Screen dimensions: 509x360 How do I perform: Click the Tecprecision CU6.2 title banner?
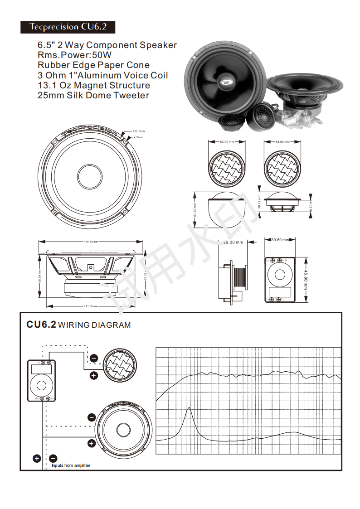[68, 27]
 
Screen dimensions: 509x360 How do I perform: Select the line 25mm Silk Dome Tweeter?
[93, 95]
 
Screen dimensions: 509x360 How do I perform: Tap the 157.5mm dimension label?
[138, 131]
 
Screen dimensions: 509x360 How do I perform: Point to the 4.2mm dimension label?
[138, 137]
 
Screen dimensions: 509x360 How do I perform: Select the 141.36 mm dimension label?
[91, 306]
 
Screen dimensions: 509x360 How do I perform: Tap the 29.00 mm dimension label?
[233, 242]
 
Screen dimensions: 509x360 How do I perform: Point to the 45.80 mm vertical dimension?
[306, 280]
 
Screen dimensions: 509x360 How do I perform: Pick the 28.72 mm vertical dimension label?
[259, 202]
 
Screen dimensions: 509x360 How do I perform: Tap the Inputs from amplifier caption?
[71, 465]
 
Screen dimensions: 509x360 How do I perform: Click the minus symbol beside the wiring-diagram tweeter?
[94, 358]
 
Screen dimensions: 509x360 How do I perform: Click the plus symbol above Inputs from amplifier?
[37, 458]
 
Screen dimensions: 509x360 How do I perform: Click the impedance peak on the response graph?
[189, 408]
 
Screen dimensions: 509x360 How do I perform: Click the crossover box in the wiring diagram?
[41, 380]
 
